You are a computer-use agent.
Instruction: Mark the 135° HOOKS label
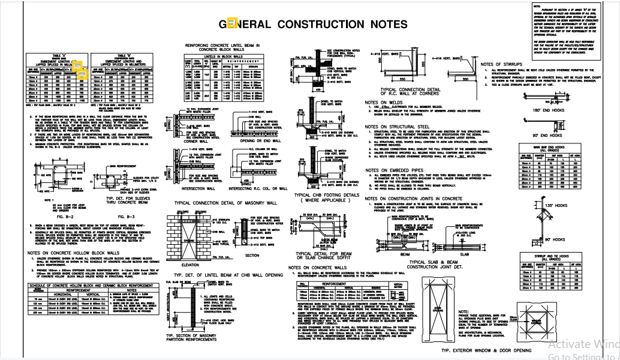point(558,206)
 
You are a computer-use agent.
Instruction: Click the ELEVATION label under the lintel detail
point(189,265)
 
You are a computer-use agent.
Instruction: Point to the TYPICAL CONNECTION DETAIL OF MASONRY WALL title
point(225,203)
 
